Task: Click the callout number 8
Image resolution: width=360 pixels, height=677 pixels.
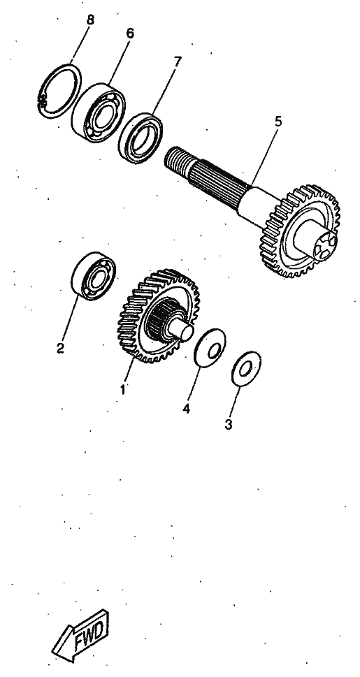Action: pos(90,20)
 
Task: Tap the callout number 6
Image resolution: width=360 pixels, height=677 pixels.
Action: pos(129,34)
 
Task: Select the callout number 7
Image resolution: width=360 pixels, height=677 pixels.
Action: pos(177,61)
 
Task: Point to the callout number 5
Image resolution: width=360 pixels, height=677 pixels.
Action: pos(278,122)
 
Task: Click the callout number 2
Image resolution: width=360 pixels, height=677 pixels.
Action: pos(60,347)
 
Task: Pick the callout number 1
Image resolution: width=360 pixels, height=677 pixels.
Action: pos(123,389)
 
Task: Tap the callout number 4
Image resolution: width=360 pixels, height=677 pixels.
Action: pos(186,409)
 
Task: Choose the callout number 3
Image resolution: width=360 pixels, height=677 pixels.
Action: pos(228,425)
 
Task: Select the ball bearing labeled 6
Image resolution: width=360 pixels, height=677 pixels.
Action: pos(98,112)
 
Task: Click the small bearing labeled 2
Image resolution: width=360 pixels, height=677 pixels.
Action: pos(93,276)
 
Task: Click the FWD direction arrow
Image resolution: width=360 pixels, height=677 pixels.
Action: pos(81,635)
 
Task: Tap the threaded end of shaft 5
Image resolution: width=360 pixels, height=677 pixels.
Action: pos(177,160)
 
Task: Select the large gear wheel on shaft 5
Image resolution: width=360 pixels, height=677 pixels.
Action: pos(300,231)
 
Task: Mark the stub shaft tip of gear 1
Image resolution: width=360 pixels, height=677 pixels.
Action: pos(180,330)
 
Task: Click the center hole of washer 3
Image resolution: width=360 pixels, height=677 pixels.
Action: pos(245,369)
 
